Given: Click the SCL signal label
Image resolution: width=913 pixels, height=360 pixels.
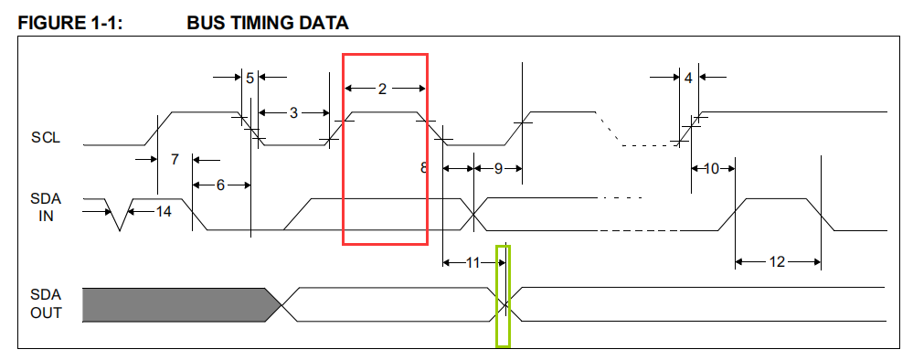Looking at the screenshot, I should click(45, 138).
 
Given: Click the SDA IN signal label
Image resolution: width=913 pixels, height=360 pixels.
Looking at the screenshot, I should click(45, 206).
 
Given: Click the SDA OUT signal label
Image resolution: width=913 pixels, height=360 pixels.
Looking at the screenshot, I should click(45, 304).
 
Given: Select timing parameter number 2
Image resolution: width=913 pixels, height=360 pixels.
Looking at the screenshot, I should click(382, 89).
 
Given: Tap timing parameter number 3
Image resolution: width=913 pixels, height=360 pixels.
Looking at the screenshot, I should click(293, 112).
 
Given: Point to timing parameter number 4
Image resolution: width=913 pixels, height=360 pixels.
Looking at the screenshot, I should click(687, 78).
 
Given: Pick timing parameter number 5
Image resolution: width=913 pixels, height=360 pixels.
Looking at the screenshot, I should click(249, 78).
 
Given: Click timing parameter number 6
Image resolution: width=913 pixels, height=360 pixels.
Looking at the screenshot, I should click(220, 185).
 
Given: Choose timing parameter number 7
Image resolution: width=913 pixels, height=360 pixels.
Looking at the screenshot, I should click(174, 160).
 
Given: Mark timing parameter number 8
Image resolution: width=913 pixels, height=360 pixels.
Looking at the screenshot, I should click(423, 167).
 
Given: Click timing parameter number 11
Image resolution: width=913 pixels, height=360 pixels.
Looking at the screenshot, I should click(472, 262).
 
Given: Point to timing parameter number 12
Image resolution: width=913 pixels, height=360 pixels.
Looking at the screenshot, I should click(776, 262).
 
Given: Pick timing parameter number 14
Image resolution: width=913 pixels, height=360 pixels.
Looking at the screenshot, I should click(163, 211).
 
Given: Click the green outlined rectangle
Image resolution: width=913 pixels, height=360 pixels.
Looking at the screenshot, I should click(503, 296).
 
